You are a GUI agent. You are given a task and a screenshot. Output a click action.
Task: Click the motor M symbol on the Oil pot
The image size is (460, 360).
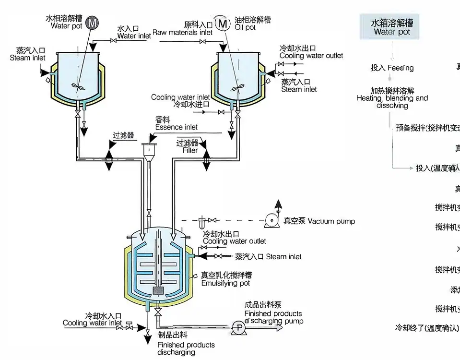click(222, 23)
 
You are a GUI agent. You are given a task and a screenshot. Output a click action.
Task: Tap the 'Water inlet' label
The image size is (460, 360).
click(134, 36)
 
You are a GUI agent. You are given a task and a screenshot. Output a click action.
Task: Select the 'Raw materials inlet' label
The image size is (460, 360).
click(182, 33)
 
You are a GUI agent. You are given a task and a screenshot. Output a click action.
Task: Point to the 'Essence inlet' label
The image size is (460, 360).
click(176, 127)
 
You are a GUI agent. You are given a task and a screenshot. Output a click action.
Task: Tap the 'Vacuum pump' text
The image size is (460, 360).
click(331, 221)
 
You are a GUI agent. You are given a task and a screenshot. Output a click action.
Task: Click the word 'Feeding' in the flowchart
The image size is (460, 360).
click(401, 68)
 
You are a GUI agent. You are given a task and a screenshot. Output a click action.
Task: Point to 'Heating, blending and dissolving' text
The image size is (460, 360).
click(392, 98)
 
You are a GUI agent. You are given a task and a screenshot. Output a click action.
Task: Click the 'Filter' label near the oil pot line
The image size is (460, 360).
click(190, 150)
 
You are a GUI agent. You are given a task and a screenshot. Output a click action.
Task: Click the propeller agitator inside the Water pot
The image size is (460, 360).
click(78, 86)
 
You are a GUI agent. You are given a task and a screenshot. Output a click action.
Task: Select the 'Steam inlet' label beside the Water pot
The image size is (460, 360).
click(27, 58)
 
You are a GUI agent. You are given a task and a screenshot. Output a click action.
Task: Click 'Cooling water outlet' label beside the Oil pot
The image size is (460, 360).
click(311, 56)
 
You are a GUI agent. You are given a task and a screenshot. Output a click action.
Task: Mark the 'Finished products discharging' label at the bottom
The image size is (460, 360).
click(186, 348)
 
